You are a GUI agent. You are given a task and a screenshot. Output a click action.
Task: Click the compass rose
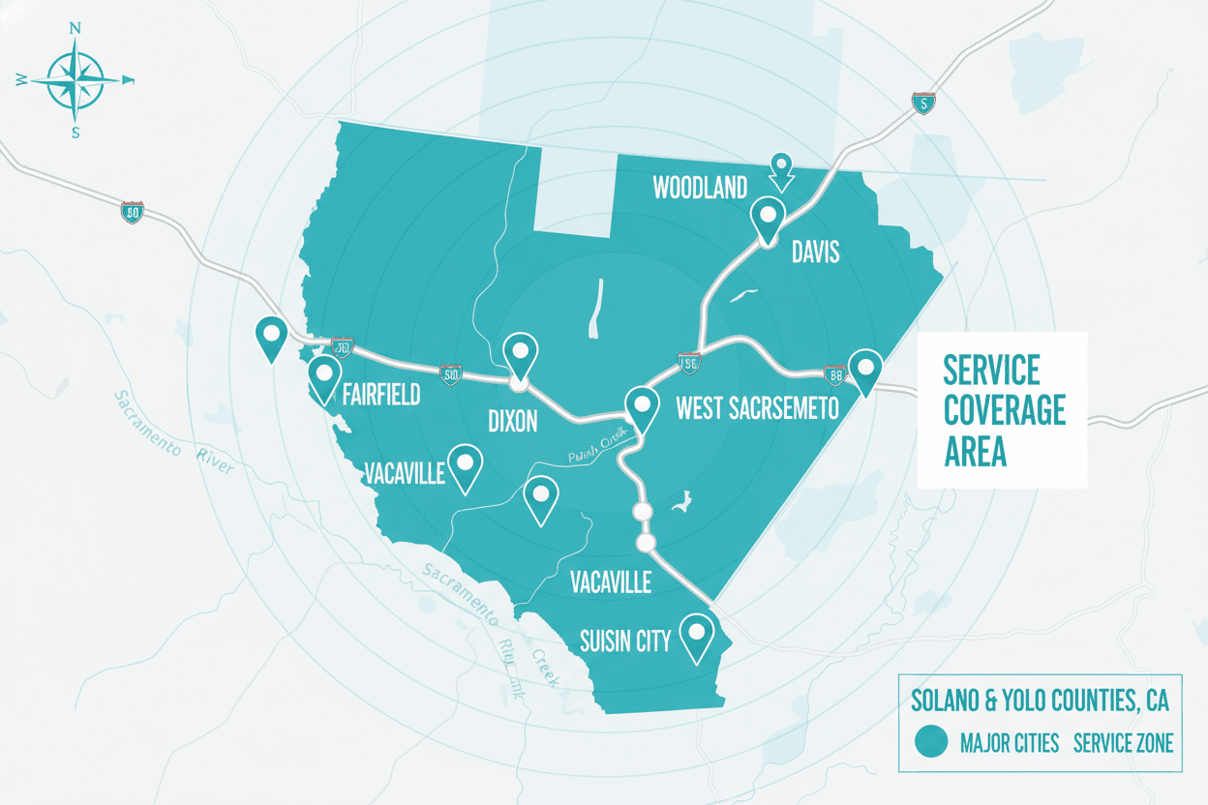pos(75,79)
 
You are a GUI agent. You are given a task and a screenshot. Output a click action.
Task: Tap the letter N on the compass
pos(75,29)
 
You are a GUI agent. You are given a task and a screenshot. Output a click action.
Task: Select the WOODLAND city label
pos(700,188)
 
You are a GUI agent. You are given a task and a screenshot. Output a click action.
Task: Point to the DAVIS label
pos(815,253)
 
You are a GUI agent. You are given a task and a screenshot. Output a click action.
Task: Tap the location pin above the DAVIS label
pos(769,220)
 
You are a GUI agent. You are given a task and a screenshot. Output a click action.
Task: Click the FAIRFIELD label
pos(381,394)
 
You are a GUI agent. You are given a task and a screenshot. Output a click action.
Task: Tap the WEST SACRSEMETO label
pos(757,409)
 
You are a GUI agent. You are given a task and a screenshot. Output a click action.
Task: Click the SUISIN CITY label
pos(625,641)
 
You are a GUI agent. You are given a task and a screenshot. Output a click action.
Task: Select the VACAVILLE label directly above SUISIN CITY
pos(610,582)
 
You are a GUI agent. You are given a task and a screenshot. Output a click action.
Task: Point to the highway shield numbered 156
pos(689,363)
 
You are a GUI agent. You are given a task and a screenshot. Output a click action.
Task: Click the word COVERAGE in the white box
pos(1005,410)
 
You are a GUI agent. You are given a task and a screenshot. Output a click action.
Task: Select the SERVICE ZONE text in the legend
pos(1123,743)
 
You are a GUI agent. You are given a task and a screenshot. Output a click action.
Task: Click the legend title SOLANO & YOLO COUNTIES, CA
pos(1039,699)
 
